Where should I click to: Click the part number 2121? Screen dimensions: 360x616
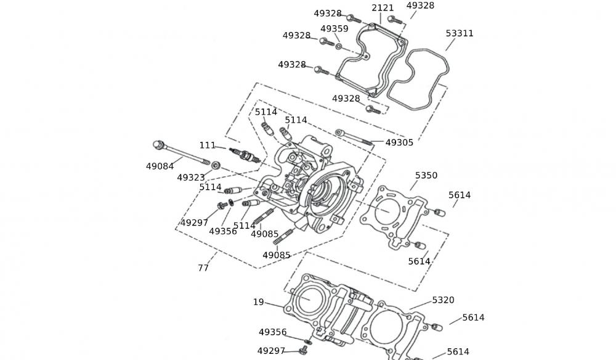[x=383, y=8]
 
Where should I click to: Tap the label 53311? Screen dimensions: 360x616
[x=460, y=33]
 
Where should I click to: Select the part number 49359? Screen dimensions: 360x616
[x=334, y=29]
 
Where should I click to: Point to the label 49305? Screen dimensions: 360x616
[x=400, y=142]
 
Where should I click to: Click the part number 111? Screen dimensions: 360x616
[x=208, y=145]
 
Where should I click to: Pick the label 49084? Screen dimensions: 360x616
[x=160, y=166]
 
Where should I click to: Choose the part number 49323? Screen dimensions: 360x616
[x=191, y=178]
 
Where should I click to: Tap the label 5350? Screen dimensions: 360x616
[x=426, y=176]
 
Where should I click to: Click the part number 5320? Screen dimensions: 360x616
[x=444, y=300]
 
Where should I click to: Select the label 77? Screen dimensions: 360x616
[x=203, y=268]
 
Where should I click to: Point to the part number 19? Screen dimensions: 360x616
[x=259, y=302]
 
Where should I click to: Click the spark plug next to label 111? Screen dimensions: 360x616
[x=243, y=155]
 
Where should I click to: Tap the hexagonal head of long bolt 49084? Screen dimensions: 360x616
[x=158, y=145]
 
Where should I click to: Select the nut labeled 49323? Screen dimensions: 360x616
[x=216, y=165]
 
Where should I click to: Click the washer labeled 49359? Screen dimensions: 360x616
[x=339, y=46]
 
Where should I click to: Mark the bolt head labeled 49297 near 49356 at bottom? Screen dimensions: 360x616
[x=302, y=350]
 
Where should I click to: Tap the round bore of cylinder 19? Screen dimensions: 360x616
[x=306, y=297]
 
